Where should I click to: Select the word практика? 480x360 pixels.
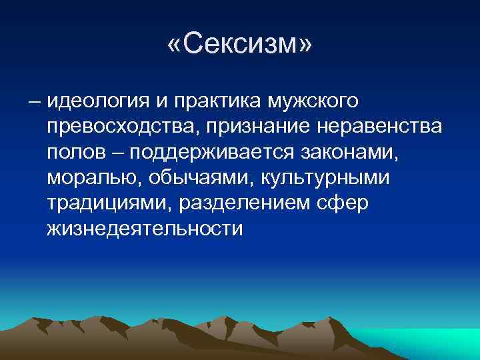[x=213, y=102]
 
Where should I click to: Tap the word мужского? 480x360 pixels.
[x=313, y=102]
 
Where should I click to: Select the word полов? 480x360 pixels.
[x=73, y=153]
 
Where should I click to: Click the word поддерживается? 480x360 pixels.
[x=211, y=153]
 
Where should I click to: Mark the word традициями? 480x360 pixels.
[x=107, y=203]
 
